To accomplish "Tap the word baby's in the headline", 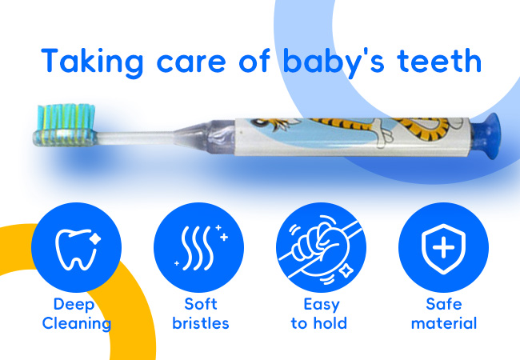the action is point(334,62).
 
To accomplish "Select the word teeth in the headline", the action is point(438,61).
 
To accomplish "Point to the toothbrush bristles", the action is point(66,117).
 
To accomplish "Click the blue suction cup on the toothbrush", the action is point(489,136).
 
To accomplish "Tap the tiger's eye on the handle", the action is point(258,123).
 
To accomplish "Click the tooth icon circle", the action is point(76,248).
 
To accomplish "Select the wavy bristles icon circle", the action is point(198,248).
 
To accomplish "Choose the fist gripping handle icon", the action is point(321,248).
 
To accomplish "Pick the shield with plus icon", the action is point(443,249).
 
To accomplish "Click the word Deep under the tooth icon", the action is point(74,305).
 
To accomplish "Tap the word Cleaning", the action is point(77,323).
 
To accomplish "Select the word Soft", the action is point(201,304).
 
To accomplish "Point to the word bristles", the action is point(201,323).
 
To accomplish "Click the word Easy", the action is point(322,305).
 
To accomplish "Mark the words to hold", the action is point(319,323).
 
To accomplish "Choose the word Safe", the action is point(444,304).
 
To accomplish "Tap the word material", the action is point(444,323).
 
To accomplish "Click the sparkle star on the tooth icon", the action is point(95,238).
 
